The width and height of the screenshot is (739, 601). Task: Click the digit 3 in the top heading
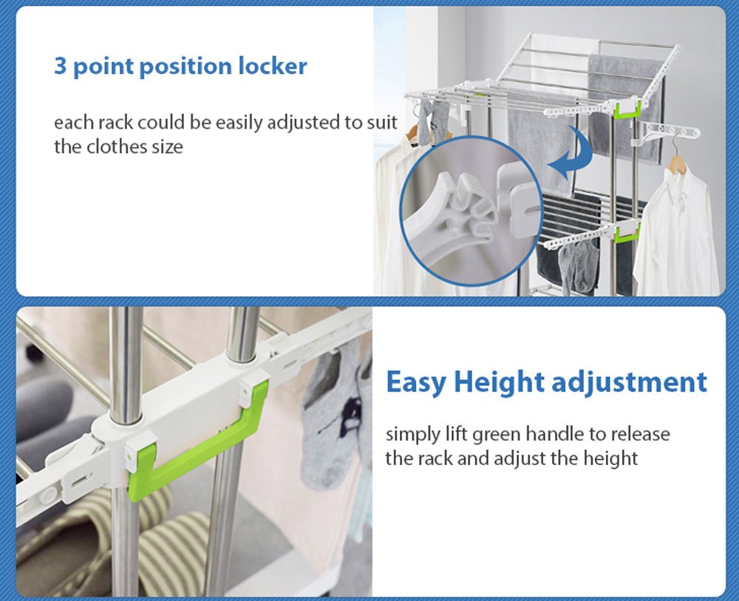click(61, 67)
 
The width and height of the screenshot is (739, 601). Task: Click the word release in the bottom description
click(636, 434)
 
